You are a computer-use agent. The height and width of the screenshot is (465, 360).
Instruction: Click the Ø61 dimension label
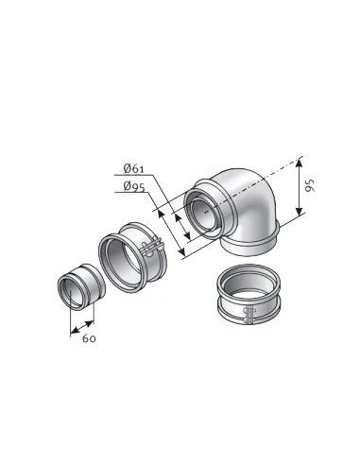coord(133,168)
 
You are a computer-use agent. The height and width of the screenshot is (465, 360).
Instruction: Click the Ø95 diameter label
coord(134,186)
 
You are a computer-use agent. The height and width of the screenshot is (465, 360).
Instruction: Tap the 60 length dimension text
coord(89,338)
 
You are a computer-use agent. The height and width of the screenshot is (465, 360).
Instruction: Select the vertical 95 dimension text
coord(310,185)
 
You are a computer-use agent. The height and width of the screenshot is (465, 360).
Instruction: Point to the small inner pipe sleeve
coord(80,285)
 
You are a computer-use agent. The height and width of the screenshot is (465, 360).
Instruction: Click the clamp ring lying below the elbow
coord(249,296)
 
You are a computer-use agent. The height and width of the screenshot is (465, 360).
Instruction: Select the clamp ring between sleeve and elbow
coord(132,256)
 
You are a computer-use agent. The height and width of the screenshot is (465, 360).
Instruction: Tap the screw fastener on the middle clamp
coord(152,246)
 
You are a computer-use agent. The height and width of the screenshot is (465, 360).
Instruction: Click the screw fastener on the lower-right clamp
coord(249,315)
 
